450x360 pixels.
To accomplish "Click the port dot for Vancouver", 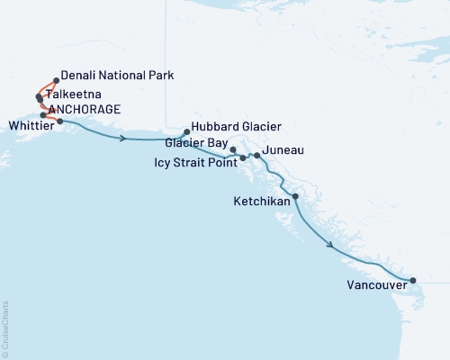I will tap(412, 281).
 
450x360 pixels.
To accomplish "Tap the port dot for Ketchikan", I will tap(294, 196).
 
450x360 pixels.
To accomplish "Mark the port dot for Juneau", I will tap(257, 156).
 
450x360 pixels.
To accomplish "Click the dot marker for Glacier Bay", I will tap(233, 149).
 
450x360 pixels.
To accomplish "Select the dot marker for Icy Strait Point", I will tap(243, 157).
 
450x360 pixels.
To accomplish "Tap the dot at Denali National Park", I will tap(56, 80).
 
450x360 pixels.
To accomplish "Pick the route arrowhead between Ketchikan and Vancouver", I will tap(331, 244).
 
